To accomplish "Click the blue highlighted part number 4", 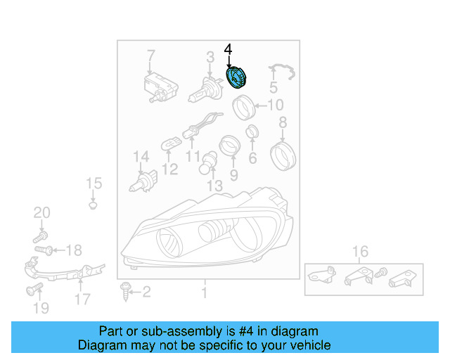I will [236, 77].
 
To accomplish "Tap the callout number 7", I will [150, 55].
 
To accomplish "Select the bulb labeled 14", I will [141, 181].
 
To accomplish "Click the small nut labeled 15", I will [94, 205].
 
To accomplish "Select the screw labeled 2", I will [127, 289].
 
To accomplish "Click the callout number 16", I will [360, 252].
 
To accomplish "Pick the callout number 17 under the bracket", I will [82, 299].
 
